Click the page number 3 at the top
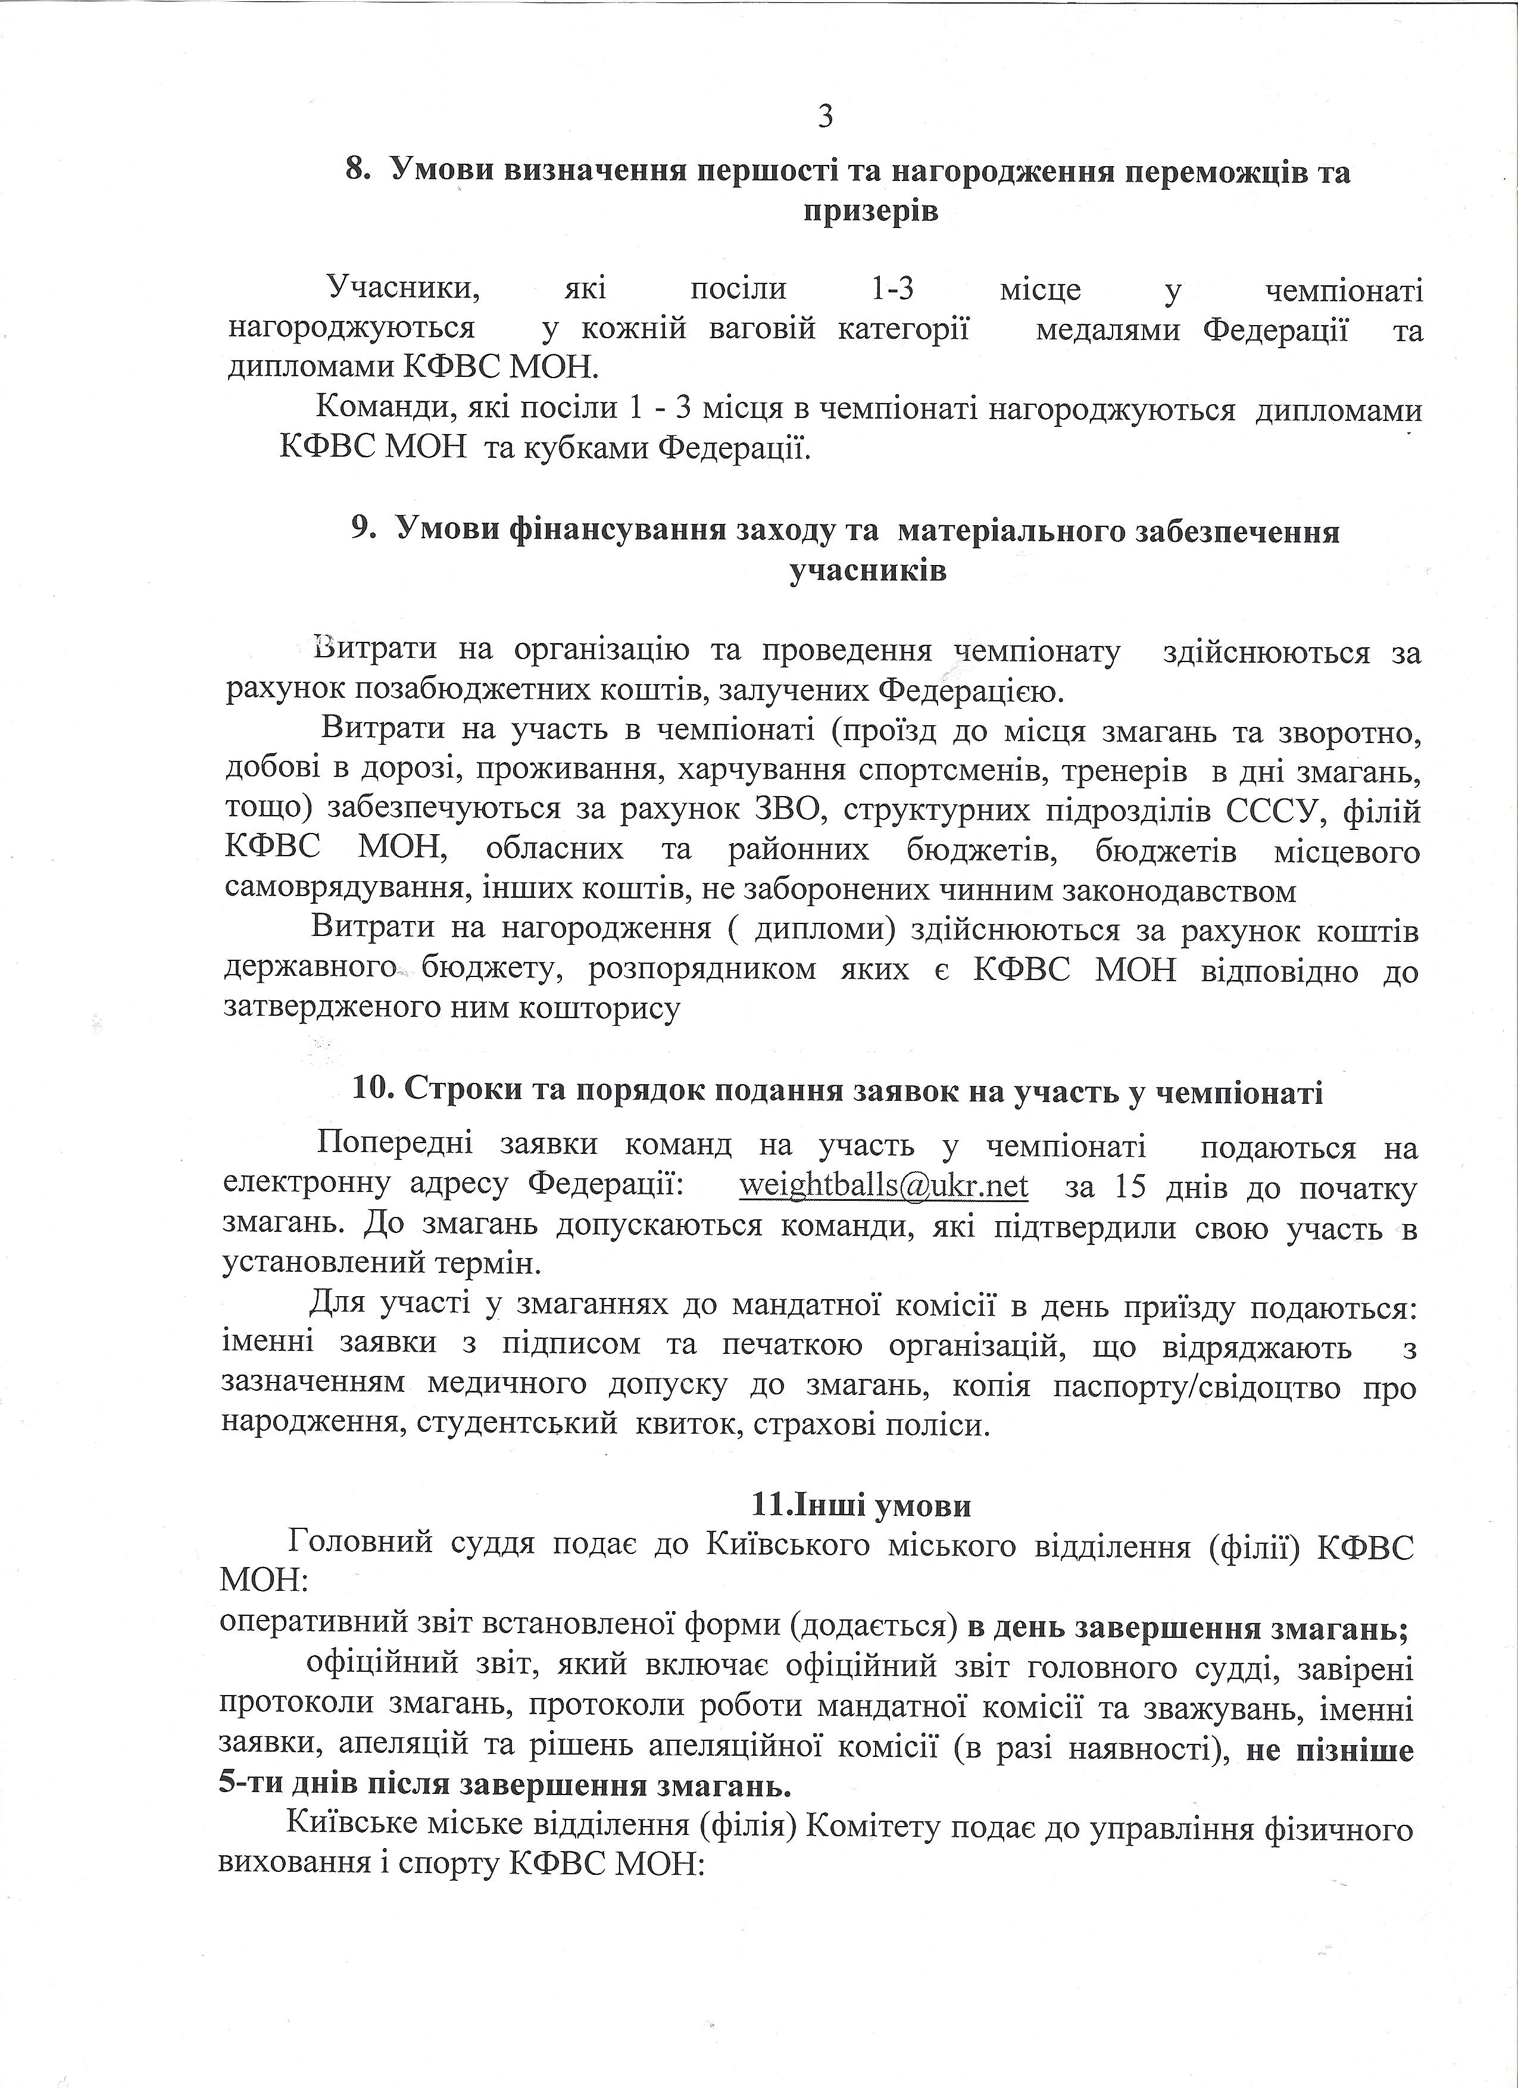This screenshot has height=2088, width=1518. tap(825, 118)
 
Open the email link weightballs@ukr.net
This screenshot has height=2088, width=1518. tap(884, 1187)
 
